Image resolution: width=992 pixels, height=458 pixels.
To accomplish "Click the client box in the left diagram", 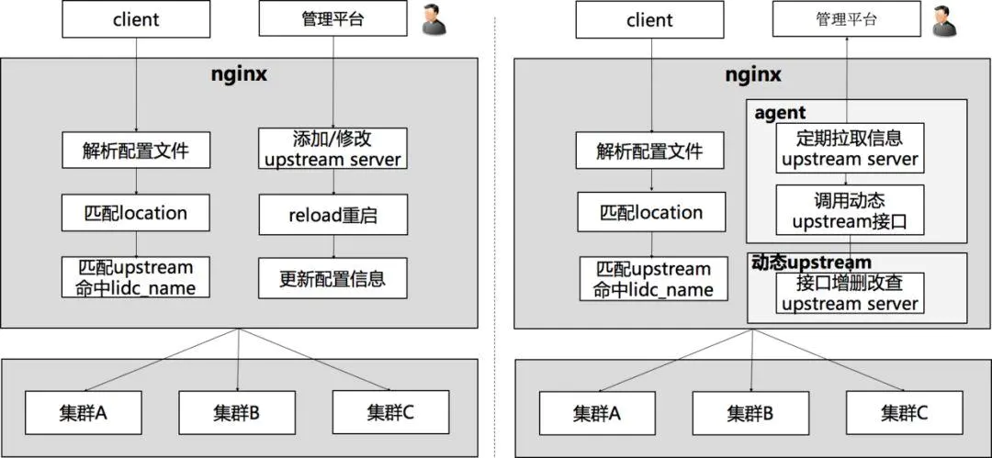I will tap(136, 18).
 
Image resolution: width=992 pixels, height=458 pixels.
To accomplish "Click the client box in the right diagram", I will tap(650, 19).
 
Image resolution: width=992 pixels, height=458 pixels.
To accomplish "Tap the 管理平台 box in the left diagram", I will tap(333, 18).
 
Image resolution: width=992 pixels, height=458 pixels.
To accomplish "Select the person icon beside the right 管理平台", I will tap(941, 21).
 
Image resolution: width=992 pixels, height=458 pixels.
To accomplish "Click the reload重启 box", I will tap(333, 216).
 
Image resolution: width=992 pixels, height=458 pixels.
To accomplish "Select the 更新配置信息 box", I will tap(333, 277).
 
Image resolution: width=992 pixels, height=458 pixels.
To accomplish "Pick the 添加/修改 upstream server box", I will tap(333, 150).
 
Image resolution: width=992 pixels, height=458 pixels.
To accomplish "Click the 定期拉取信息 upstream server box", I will tap(849, 149).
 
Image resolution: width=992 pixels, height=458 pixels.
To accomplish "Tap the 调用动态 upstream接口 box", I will tap(849, 210).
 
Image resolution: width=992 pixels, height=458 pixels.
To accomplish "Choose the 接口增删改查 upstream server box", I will tap(849, 294).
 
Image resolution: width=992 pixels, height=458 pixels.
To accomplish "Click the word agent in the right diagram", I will tap(780, 113).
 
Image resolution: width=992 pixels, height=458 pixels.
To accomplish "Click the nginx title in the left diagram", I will tap(239, 74).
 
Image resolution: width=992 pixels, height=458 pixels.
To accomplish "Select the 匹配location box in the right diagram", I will tap(650, 213).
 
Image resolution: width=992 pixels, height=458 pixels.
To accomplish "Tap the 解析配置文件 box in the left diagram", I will tap(136, 150).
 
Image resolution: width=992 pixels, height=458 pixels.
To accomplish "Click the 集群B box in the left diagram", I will tap(237, 412).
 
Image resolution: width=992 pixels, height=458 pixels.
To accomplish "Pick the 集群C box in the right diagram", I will tap(905, 413).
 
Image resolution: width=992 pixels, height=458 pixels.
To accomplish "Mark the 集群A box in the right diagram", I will tap(597, 413).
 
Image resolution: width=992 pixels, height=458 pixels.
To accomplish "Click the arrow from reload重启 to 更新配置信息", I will tap(333, 246).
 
